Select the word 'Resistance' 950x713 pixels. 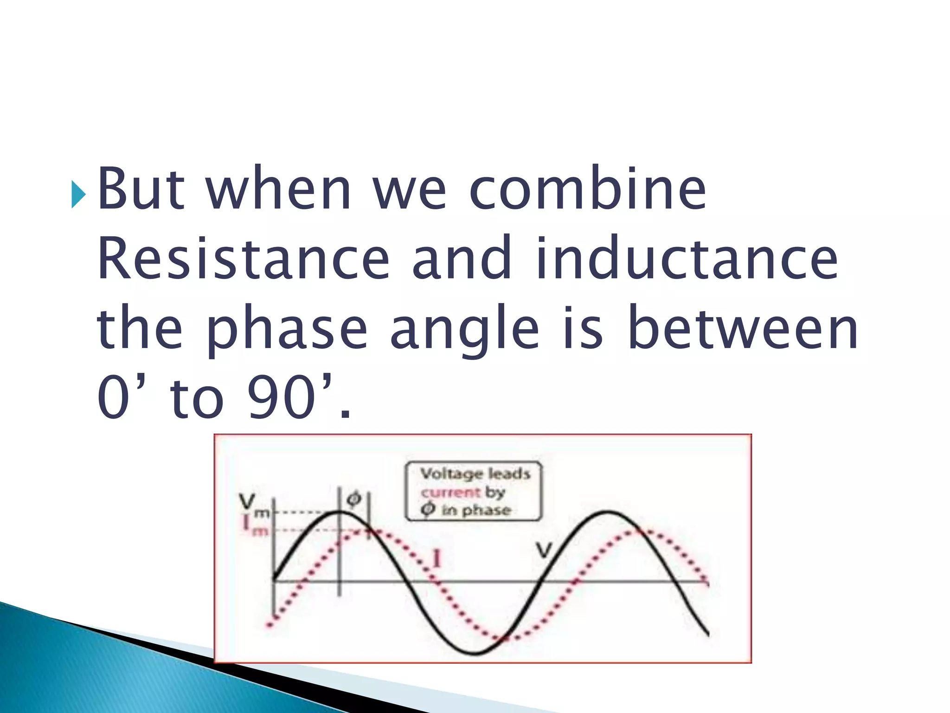pyautogui.click(x=243, y=259)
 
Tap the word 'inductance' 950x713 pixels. pyautogui.click(x=687, y=259)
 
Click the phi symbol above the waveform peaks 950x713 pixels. pyautogui.click(x=353, y=499)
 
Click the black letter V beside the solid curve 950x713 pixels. pyautogui.click(x=544, y=551)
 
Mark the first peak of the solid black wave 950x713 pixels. pyautogui.click(x=339, y=512)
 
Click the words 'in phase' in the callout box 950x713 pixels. pyautogui.click(x=475, y=510)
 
